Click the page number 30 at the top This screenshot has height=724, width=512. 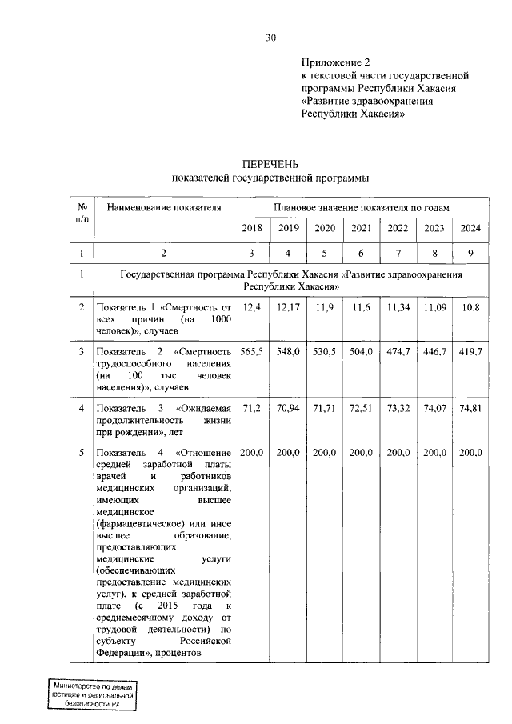pyautogui.click(x=270, y=37)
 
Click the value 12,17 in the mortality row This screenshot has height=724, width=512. pyautogui.click(x=288, y=307)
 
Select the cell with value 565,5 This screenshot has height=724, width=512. pyautogui.click(x=251, y=352)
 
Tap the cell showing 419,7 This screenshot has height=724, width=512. pyautogui.click(x=470, y=352)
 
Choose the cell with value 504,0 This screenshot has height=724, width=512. pyautogui.click(x=361, y=352)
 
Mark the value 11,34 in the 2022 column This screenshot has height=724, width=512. pyautogui.click(x=398, y=307)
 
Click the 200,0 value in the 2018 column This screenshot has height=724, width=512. pyautogui.click(x=251, y=452)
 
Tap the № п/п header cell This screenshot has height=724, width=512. pyautogui.click(x=82, y=212)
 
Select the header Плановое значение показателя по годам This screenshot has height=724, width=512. pyautogui.click(x=361, y=207)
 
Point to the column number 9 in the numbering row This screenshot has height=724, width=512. pyautogui.click(x=470, y=254)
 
